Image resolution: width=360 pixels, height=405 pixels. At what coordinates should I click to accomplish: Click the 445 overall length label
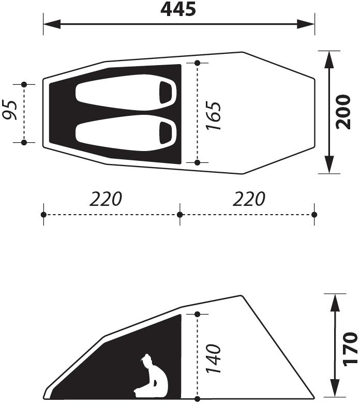coord(178,9)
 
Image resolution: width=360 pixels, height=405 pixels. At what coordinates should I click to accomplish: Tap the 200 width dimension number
coord(343,112)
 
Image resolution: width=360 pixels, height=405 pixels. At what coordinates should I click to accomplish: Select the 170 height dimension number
coord(350,349)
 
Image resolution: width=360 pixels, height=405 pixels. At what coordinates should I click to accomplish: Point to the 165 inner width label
coord(213,116)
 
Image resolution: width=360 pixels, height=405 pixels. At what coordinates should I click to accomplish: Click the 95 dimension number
coord(10,110)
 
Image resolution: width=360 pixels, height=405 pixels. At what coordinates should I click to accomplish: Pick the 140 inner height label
coord(214,358)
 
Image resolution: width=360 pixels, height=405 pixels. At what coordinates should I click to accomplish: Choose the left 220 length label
coord(106,199)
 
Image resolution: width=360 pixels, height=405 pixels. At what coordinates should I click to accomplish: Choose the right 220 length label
coord(249,199)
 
